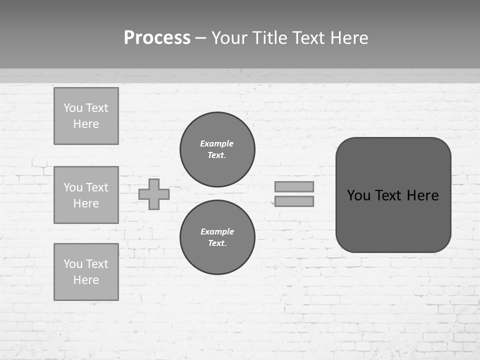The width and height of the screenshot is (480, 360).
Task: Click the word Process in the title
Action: [157, 38]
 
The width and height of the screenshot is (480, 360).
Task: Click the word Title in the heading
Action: [268, 38]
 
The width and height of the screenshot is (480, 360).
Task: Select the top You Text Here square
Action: [86, 116]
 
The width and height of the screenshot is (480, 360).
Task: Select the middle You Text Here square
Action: [86, 195]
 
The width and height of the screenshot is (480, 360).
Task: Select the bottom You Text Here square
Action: [86, 272]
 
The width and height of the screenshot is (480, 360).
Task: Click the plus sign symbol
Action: [154, 194]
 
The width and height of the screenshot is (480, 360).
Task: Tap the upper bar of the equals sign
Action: [294, 186]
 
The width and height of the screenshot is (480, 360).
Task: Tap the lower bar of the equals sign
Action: [294, 201]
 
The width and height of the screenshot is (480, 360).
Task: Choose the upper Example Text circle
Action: [217, 149]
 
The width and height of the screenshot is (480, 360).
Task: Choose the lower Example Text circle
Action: [217, 237]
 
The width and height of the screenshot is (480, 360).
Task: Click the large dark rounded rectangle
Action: [393, 220]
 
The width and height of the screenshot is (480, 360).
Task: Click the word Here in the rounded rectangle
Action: [422, 195]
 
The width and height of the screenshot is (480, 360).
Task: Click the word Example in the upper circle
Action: [217, 143]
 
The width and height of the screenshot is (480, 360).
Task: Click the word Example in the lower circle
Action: [217, 231]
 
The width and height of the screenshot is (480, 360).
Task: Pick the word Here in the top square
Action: [86, 124]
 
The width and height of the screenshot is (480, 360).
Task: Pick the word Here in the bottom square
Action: [86, 280]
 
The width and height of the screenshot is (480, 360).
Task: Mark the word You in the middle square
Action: [72, 187]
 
